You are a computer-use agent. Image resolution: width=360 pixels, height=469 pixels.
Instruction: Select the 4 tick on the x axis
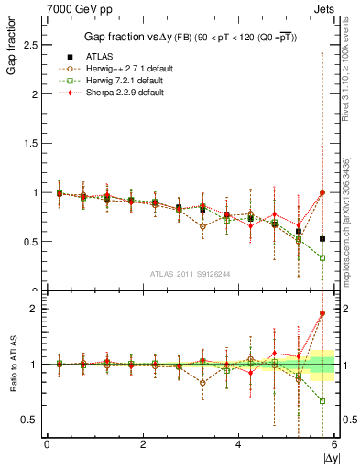pyautogui.click(x=238, y=444)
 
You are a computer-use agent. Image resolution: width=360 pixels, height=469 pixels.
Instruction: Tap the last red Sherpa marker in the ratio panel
pyautogui.click(x=322, y=313)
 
